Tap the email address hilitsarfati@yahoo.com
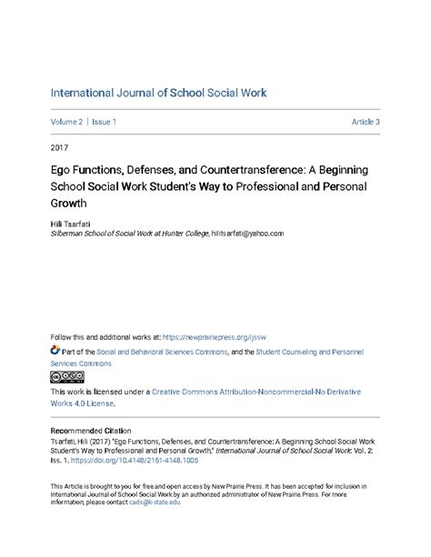coord(247,233)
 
